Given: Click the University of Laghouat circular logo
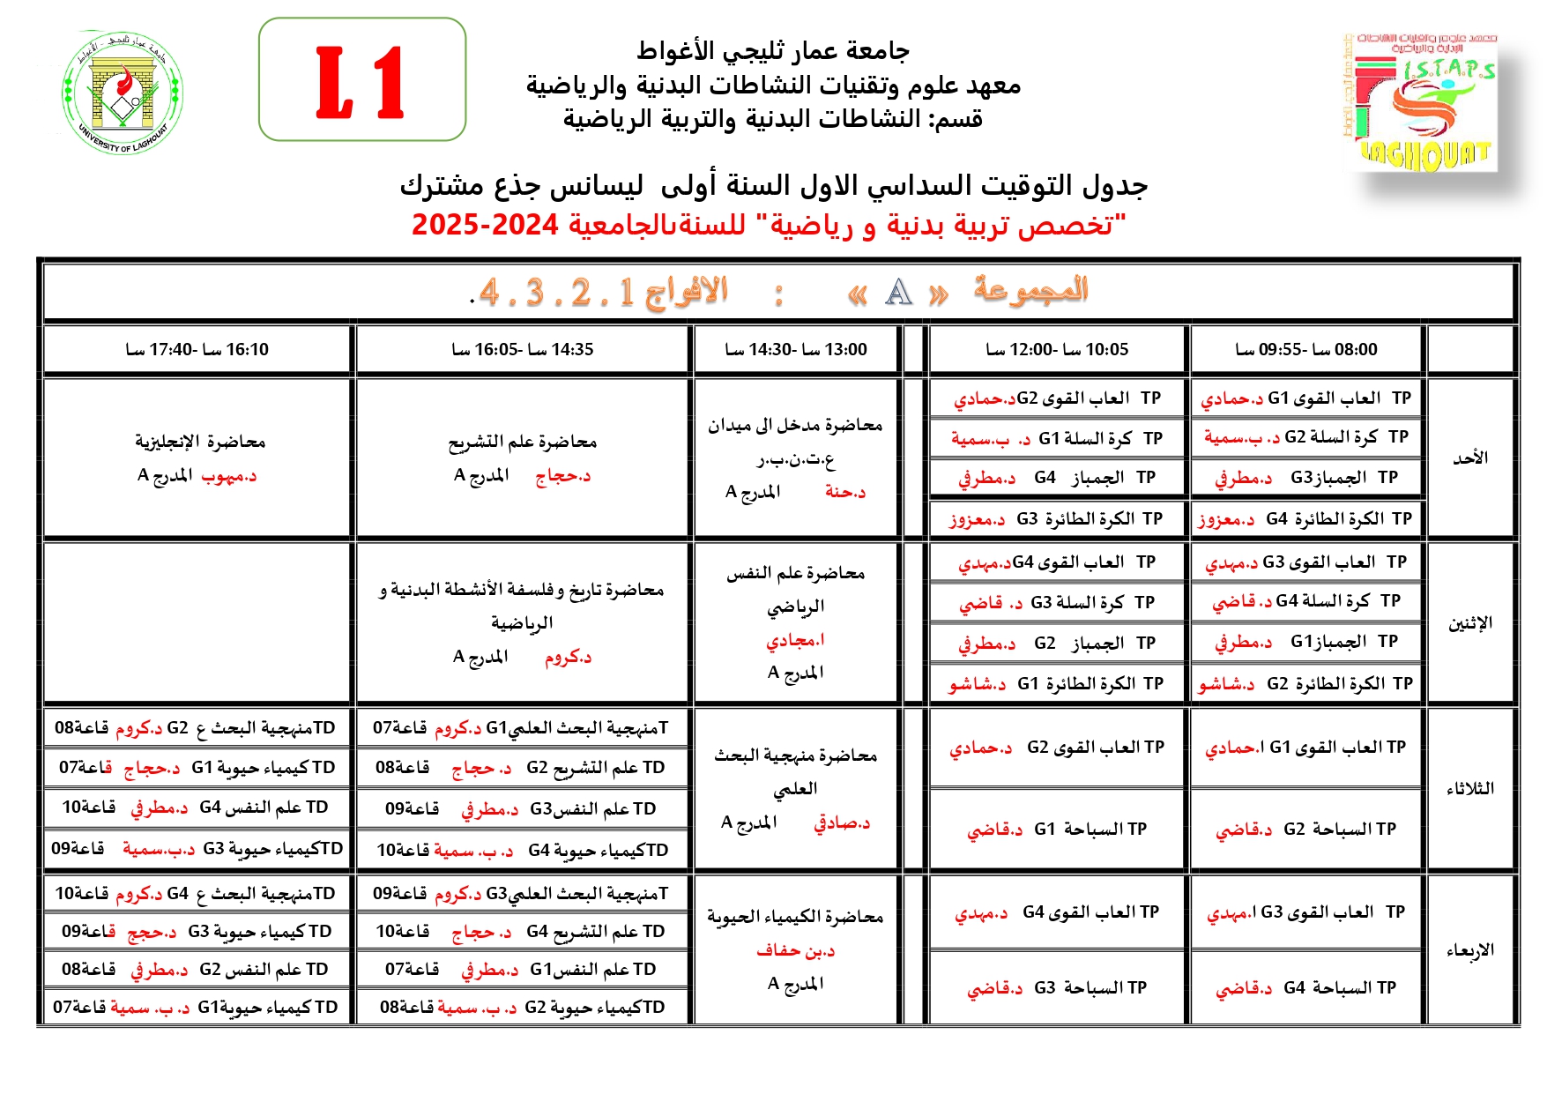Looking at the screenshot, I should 123,93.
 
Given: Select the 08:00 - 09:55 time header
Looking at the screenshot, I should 1306,350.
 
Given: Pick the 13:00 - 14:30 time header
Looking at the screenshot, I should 796,350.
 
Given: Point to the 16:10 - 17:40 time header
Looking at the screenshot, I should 197,350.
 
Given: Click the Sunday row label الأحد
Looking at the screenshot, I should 1470,458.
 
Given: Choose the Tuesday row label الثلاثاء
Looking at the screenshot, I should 1470,789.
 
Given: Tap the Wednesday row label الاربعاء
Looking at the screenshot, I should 1470,950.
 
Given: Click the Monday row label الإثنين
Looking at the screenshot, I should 1470,623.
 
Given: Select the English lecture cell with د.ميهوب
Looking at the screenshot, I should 199,458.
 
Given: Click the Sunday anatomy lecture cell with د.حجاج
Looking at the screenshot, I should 522,458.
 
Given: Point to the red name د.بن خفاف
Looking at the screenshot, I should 795,950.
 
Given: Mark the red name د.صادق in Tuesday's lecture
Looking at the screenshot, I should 842,823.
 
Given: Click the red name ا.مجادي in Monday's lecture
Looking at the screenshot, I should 795,640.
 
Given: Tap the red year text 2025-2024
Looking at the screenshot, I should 485,225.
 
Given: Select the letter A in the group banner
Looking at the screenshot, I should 898,292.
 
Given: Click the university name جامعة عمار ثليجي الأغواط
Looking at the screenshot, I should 773,51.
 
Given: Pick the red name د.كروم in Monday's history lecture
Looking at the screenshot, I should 568,657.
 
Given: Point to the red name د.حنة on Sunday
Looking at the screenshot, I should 845,492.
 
